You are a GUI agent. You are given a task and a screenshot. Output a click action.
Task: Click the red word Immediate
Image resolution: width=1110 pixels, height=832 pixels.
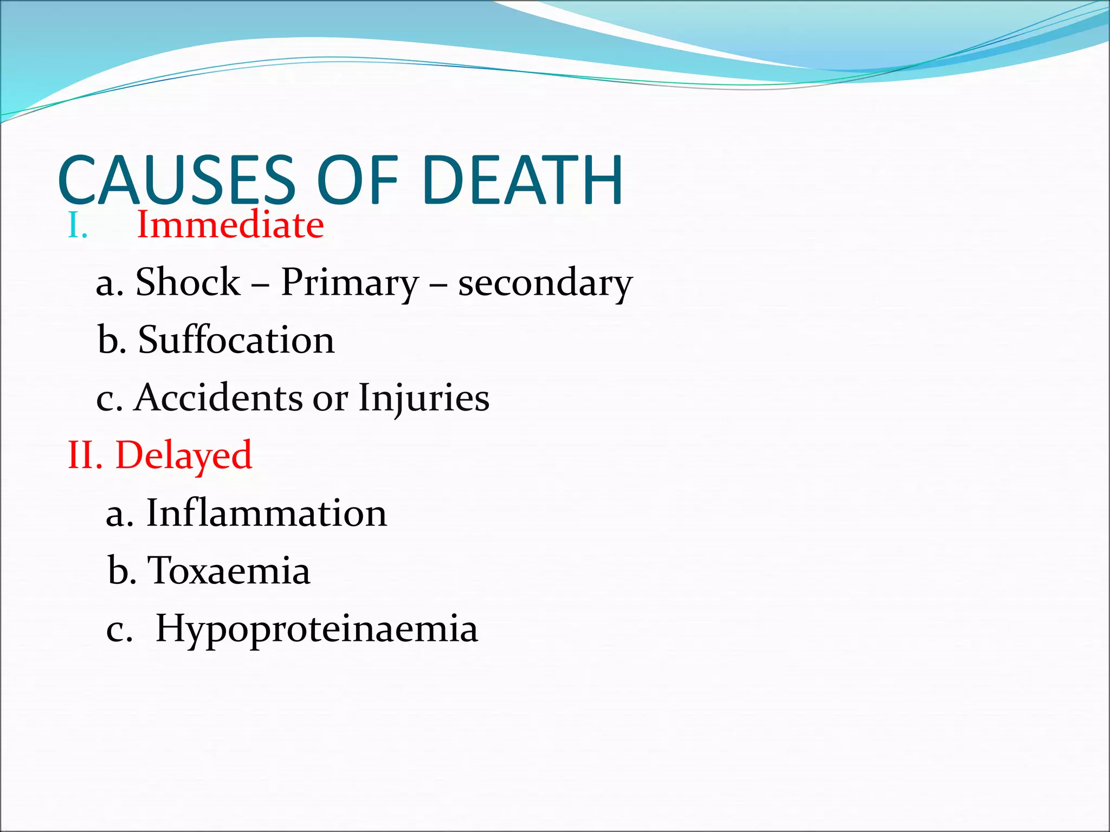[230, 225]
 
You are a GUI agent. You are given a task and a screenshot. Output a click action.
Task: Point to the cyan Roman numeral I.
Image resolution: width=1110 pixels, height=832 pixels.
[78, 226]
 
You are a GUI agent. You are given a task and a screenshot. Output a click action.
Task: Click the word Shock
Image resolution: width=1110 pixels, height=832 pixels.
[188, 282]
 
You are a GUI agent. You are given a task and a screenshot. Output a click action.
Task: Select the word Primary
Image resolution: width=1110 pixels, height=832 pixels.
[350, 283]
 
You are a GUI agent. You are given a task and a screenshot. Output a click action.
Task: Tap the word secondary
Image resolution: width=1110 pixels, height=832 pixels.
[545, 283]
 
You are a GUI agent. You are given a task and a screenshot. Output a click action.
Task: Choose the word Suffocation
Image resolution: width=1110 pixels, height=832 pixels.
[236, 340]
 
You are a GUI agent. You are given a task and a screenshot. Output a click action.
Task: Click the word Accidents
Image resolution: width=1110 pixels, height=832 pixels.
[219, 398]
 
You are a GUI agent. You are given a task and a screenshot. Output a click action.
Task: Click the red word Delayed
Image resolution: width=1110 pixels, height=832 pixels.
[184, 456]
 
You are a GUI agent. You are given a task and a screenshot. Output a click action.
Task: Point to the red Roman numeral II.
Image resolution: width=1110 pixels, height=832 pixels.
[85, 456]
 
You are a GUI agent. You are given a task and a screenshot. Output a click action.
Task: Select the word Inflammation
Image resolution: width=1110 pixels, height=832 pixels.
[267, 513]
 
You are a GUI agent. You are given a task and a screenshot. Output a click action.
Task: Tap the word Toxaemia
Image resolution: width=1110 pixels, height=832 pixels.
[229, 571]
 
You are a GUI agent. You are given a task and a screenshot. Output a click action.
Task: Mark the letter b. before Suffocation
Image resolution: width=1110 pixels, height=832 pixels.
[112, 340]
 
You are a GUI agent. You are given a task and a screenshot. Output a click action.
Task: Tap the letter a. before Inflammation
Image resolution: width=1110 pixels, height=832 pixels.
[120, 514]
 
